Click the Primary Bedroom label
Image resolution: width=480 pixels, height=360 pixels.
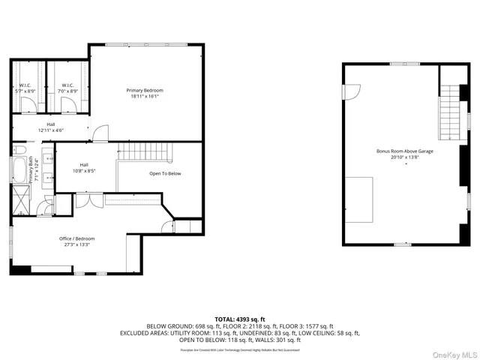click(145, 90)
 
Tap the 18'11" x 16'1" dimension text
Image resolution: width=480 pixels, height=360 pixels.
click(145, 96)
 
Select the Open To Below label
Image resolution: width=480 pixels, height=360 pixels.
click(165, 173)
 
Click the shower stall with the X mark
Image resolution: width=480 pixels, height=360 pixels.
click(19, 202)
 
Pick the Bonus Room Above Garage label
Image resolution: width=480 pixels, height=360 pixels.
click(405, 151)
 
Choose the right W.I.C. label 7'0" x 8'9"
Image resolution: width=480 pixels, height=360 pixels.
click(67, 87)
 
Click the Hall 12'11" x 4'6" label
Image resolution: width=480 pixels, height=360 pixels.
click(51, 127)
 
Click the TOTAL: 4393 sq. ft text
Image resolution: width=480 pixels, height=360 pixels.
click(240, 319)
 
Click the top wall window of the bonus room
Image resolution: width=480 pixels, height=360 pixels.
click(400, 64)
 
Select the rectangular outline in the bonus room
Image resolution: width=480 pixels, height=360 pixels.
click(359, 199)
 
